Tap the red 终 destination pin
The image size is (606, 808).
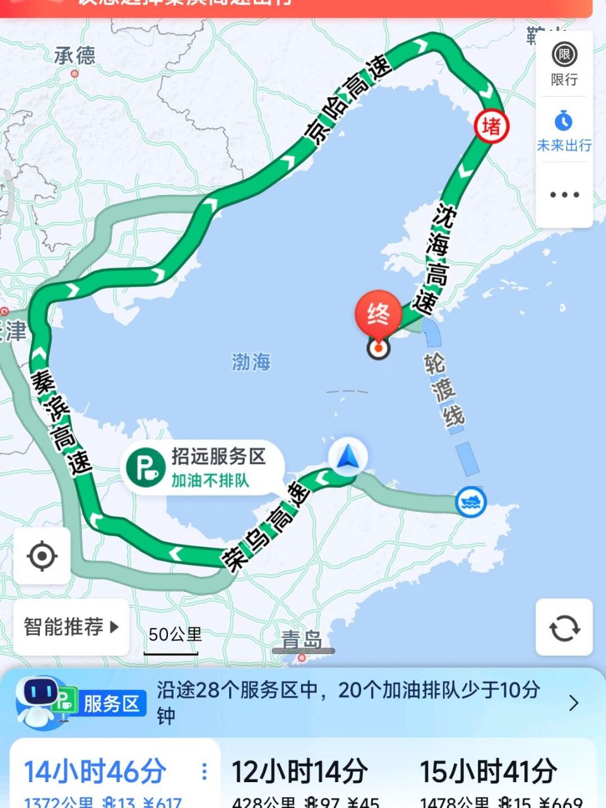pos(378,314)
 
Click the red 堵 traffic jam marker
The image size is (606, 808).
pos(491,126)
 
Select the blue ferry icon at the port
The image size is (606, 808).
pos(470,502)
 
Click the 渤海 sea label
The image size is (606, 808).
pos(251,362)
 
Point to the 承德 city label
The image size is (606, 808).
pos(74,56)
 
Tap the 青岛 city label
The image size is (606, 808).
pos(301,640)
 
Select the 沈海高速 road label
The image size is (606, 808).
pos(436,258)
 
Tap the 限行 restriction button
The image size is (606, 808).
pos(564,64)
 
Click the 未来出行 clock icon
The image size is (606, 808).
pos(564,121)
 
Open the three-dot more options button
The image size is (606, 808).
pos(564,194)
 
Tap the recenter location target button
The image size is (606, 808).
pos(42,556)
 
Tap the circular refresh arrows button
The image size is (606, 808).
pos(564,627)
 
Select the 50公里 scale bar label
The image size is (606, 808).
pos(175,634)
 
